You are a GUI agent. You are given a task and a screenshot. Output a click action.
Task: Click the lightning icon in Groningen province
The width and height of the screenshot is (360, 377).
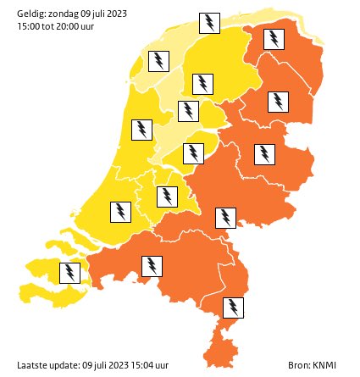coord(274,39)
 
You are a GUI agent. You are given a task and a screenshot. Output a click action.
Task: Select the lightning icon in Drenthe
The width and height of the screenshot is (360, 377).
coord(277,102)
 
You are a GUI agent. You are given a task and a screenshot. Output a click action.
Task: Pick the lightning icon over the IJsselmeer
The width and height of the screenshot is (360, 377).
coord(159,61)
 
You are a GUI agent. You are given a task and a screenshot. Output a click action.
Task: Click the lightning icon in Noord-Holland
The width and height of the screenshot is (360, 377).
coord(142,130)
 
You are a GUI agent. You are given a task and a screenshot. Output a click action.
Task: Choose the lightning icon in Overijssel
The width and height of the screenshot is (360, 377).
coord(265,154)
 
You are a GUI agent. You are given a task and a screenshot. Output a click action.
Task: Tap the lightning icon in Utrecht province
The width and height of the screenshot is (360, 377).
coord(168,197)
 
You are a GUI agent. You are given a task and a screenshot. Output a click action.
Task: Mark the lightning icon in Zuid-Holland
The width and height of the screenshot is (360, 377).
coord(121,211)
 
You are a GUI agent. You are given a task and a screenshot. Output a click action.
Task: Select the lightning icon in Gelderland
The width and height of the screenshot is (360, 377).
coord(225,218)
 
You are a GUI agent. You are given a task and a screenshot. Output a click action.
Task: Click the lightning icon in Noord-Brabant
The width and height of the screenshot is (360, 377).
coord(152,267)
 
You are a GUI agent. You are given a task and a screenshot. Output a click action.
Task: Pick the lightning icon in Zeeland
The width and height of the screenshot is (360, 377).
coord(69,273)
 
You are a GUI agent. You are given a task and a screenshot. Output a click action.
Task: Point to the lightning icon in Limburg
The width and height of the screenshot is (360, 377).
coord(233,307)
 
